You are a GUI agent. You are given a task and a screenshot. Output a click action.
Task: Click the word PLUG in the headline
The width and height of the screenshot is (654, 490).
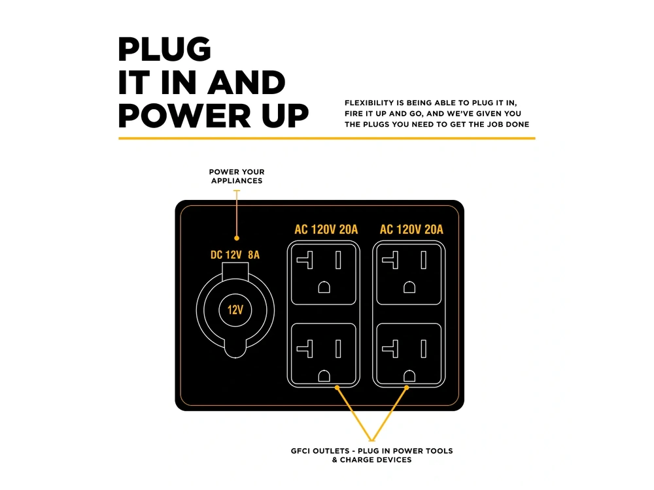pos(164,49)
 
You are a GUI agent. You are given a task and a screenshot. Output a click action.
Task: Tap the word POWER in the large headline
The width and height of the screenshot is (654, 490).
pos(185,116)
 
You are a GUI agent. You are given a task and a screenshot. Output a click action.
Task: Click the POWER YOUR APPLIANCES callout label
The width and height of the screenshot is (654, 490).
pos(237,176)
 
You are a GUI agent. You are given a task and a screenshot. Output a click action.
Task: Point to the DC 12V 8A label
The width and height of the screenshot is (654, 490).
pos(235,255)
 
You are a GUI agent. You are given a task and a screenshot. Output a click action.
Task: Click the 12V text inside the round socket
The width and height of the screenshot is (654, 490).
pos(235,310)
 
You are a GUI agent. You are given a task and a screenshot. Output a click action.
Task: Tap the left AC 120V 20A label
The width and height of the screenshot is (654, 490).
pos(326,229)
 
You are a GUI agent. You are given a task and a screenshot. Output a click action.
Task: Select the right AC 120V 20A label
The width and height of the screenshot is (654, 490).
pos(411,229)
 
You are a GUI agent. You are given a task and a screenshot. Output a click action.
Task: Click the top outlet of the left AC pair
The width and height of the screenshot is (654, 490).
pos(324,274)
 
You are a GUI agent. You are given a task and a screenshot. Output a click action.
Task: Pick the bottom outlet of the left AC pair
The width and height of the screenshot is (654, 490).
pos(324,353)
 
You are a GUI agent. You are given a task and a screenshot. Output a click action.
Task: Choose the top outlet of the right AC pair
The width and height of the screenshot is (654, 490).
pos(409,274)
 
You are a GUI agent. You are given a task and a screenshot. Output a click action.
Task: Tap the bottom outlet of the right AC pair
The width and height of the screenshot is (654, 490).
pos(409,353)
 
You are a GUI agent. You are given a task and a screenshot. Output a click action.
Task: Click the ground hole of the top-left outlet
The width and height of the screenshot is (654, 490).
pos(324,287)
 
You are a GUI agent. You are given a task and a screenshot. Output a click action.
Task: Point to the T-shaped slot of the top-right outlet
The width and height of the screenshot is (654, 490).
pos(390,261)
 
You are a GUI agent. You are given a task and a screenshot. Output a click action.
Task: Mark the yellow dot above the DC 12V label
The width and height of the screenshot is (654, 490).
pos(237,238)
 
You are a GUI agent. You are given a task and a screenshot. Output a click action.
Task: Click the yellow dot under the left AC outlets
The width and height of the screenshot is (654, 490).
pos(337,387)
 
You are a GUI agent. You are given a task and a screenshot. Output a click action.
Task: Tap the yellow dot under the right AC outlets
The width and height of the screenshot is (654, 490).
pos(407,387)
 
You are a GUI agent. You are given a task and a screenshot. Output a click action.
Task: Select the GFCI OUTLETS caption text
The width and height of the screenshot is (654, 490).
pos(371,455)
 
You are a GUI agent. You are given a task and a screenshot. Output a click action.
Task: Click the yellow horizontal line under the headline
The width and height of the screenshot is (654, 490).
pos(327,139)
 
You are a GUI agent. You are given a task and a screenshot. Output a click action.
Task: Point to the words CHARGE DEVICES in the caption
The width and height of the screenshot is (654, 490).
pos(376,460)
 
